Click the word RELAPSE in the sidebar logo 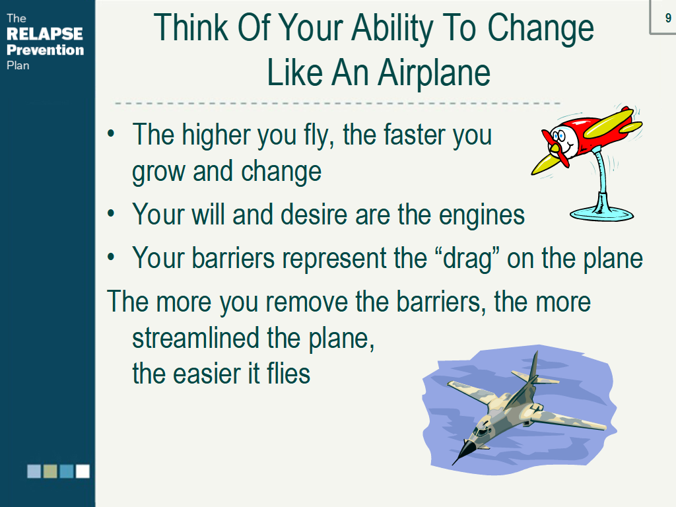coord(45,34)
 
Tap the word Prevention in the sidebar coord(46,50)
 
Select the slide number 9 coord(668,18)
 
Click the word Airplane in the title coord(434,73)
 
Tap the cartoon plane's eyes coord(559,136)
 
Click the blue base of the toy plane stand coord(602,213)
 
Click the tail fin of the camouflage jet coord(533,366)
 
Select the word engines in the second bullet coord(481,215)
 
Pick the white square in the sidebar coord(83,471)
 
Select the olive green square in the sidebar coord(50,471)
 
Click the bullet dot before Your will coord(111,213)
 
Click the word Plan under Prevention coord(18,65)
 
